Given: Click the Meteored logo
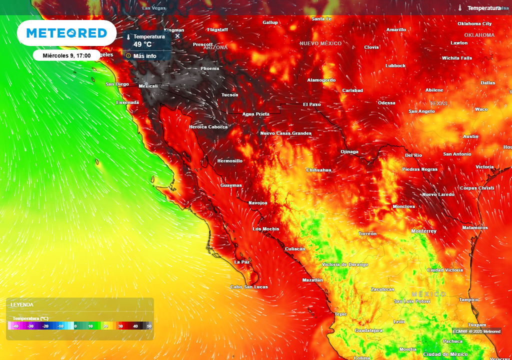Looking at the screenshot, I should coord(66,33).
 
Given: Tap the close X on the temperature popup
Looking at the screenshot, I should coord(177,36).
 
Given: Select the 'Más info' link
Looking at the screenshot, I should coord(144,55).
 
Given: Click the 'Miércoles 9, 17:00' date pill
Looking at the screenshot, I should coord(66,55).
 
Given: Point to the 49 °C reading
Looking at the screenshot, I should coord(142,44).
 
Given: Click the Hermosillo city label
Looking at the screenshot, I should coord(230,161).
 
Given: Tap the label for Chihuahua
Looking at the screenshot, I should coord(318,170).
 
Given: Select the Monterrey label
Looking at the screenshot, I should coord(423,231).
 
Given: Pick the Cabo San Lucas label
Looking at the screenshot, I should coord(248,287).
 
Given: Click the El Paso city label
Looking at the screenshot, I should coord(312,104).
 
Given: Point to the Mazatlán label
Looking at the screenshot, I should coord(312,280).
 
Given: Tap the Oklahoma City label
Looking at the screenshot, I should coord(474,23).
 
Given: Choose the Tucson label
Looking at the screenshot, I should coord(230,95).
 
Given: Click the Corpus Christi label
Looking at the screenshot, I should coord(476,188).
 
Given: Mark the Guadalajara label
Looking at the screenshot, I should coord(368,330).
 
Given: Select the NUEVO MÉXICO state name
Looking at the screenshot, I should coord(320,43).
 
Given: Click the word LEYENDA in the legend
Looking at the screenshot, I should coord(22,304).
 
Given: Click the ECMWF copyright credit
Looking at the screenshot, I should coord(476,331).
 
